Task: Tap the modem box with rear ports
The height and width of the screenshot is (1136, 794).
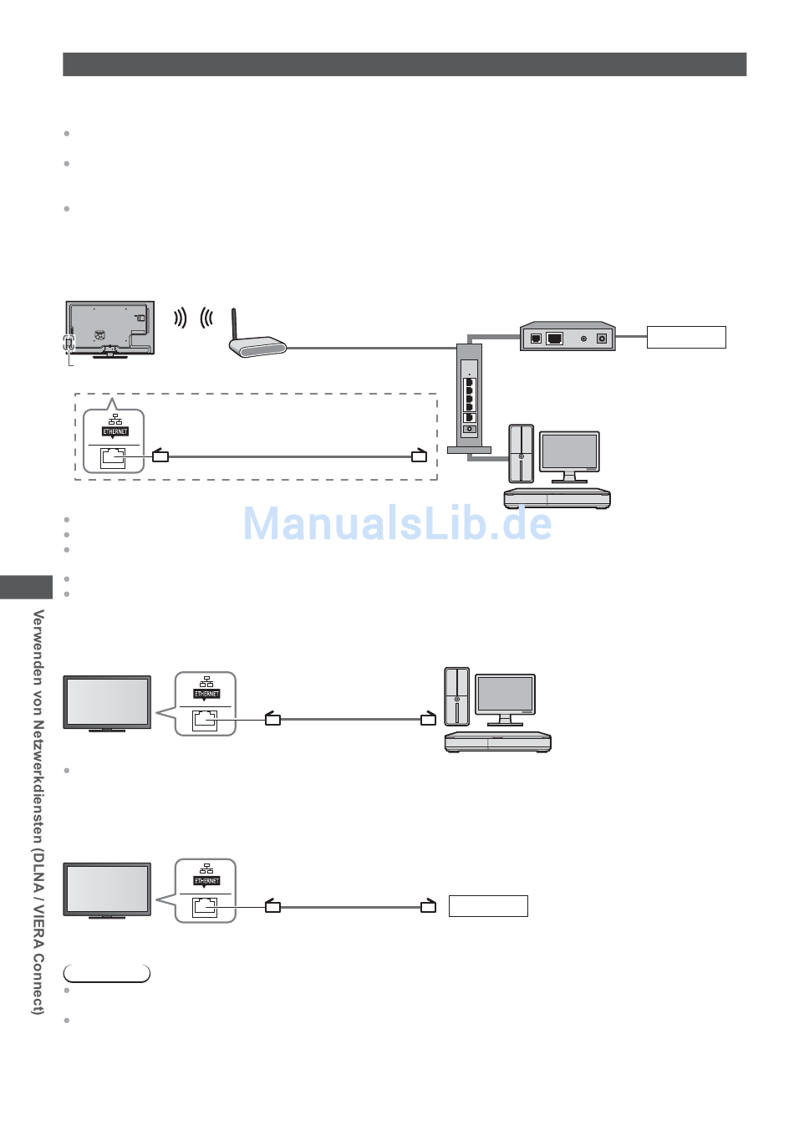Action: [568, 337]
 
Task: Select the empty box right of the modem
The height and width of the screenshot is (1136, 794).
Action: [686, 337]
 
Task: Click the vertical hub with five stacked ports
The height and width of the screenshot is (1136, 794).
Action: [469, 398]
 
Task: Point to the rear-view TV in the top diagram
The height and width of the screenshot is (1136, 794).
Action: [110, 328]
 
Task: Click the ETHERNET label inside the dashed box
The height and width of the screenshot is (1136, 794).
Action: [115, 431]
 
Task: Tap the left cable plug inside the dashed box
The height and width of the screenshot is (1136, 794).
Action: [160, 456]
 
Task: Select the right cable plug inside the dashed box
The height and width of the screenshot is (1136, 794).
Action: [419, 456]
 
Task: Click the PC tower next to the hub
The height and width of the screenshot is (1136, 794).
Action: [521, 453]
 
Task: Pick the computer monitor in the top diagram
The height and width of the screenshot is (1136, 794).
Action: [569, 454]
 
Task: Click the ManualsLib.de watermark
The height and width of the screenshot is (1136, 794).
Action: [397, 524]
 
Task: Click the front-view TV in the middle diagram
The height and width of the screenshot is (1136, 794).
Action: [108, 703]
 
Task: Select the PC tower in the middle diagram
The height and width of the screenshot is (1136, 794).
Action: [456, 695]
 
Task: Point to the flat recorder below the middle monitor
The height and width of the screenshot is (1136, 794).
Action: [497, 741]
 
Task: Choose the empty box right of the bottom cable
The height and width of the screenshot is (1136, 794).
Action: [488, 906]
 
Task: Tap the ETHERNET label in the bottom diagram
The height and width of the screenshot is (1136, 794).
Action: [206, 881]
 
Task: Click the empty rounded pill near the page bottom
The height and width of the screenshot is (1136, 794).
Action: [107, 974]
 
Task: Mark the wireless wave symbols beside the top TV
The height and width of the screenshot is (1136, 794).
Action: [192, 318]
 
